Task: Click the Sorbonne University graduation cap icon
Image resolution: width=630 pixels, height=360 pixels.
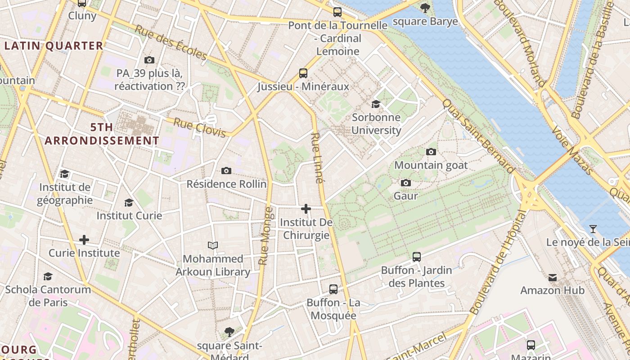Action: (376, 104)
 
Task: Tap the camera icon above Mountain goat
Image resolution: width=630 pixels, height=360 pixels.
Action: (431, 152)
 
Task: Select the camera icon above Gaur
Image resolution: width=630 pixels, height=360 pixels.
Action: (406, 183)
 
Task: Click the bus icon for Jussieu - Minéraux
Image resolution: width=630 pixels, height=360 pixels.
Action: (303, 73)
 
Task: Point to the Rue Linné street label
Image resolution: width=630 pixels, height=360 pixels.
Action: (317, 158)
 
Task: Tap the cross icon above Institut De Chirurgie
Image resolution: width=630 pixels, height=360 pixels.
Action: (306, 209)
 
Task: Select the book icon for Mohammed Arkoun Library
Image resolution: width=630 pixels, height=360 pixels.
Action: (213, 245)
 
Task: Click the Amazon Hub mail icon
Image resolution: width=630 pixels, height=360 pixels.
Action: (553, 277)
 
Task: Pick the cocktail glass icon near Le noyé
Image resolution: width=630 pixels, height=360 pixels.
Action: (593, 229)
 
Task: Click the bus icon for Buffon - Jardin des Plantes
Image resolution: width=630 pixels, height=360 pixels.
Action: (417, 257)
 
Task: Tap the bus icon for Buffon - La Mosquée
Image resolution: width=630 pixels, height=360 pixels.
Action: (333, 289)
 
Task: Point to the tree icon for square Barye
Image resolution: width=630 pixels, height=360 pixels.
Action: (425, 8)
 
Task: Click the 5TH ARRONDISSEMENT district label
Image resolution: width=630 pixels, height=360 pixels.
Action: (102, 134)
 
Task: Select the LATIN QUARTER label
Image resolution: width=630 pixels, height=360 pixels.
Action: (54, 46)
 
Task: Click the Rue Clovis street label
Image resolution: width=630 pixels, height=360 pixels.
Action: (199, 128)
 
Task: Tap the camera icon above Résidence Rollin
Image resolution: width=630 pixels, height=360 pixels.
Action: (226, 171)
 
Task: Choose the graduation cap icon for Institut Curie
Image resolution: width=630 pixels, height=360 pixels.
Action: (129, 202)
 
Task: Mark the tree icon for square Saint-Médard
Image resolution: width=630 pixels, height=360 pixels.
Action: (229, 332)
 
